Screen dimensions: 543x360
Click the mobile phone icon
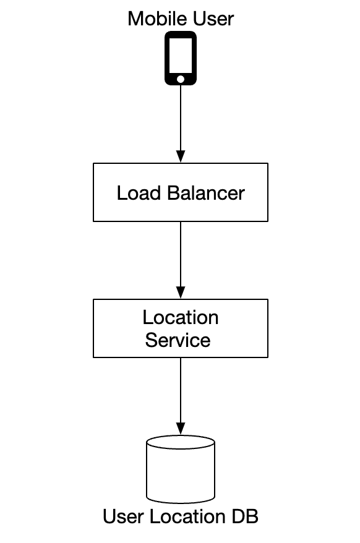point(180,58)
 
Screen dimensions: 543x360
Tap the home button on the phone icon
point(180,79)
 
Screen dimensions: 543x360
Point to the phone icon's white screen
point(180,56)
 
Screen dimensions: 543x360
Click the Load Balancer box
point(180,192)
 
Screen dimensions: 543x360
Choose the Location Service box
point(180,328)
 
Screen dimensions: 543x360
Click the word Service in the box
point(178,340)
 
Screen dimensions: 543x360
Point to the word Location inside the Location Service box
point(180,318)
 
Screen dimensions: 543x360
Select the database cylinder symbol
point(180,470)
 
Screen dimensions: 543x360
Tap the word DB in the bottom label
point(245,516)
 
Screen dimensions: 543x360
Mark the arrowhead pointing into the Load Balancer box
point(180,157)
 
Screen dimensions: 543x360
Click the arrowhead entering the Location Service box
point(180,293)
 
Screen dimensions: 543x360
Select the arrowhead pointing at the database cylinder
point(180,429)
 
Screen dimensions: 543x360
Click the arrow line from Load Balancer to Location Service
point(180,254)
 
